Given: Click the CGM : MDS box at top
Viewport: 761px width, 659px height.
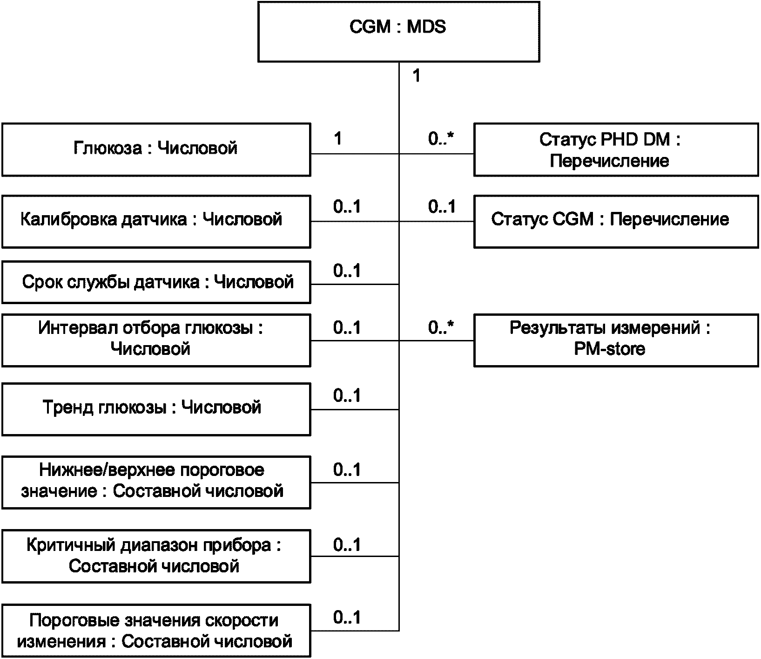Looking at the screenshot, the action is [399, 32].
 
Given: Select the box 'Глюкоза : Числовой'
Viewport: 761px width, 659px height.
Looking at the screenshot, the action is [156, 149].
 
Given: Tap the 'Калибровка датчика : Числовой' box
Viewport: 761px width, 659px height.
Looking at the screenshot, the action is [156, 221].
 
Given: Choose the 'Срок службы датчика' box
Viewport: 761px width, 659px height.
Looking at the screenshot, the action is [156, 282].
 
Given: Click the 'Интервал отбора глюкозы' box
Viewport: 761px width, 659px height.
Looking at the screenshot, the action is [156, 340].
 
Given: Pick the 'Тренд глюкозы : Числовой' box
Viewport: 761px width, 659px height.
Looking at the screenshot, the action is [156, 409].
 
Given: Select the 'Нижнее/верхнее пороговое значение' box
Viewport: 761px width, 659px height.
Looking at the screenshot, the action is [156, 482].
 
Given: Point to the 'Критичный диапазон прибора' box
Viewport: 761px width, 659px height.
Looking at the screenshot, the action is [156, 556].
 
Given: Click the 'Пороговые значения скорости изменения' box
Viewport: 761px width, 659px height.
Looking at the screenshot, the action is [156, 631].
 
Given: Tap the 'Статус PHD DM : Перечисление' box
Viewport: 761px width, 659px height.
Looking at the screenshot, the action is [616, 149].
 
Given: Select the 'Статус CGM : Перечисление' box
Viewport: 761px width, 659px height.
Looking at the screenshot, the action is [616, 221].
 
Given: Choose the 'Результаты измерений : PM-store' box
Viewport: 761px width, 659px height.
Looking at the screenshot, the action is [616, 340].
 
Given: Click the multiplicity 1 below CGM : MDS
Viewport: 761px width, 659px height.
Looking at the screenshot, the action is [417, 76].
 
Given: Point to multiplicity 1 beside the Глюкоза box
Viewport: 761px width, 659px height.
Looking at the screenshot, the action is [338, 138].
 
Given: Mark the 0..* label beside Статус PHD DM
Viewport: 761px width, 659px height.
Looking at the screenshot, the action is [441, 138].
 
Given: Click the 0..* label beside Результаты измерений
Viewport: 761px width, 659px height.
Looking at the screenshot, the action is [441, 328].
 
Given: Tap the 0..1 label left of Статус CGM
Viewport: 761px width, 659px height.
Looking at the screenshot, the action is [442, 206].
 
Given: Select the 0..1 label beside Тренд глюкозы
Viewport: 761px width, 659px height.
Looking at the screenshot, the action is [347, 395].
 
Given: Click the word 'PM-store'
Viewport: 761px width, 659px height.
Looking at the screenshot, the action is [610, 349].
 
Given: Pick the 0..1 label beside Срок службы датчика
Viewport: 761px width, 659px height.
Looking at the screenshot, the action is [347, 271].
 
